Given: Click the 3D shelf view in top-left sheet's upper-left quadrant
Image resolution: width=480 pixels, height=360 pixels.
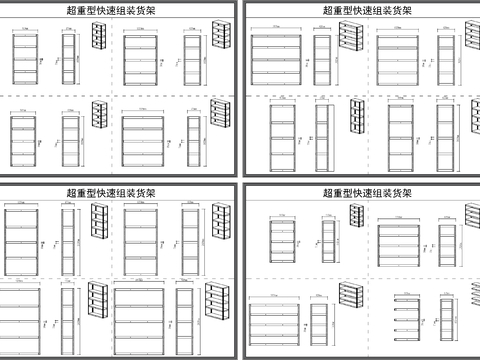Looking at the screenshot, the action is coord(98,37).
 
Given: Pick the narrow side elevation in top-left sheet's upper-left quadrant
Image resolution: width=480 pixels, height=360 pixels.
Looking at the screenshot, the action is coord(68,61).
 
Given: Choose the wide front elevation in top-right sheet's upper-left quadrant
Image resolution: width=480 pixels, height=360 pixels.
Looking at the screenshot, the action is coord(275,60).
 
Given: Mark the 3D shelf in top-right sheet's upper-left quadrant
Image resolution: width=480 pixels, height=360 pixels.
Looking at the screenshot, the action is coord(348,37).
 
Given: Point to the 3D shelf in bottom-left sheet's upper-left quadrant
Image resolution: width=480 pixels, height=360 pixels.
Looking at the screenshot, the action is coord(98,218).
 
